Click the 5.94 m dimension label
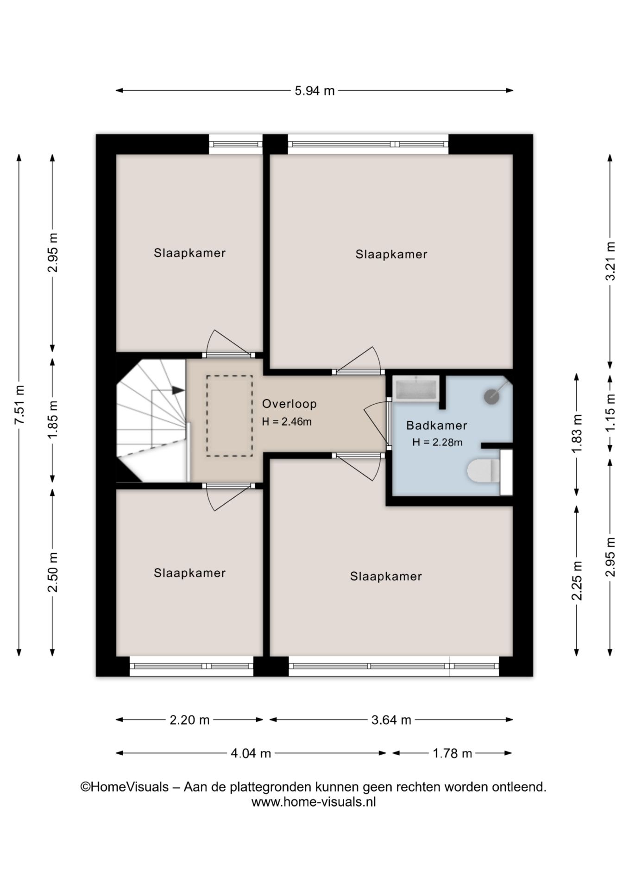pos(314,91)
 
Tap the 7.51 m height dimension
pos(19,405)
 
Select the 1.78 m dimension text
pos(452,753)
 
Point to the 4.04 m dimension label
pos(251,753)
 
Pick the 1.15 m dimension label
pos(610,412)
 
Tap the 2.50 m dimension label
pos(53,572)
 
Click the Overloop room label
pos(289,404)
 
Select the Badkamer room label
pos(436,425)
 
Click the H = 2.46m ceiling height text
pos(287,422)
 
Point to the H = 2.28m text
pos(437,442)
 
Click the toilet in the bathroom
pos(483,471)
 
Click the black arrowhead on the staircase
pos(178,390)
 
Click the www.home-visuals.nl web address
pos(314,801)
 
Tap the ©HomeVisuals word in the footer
pos(125,787)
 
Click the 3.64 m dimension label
pos(391,720)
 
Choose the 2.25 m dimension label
pos(577,581)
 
